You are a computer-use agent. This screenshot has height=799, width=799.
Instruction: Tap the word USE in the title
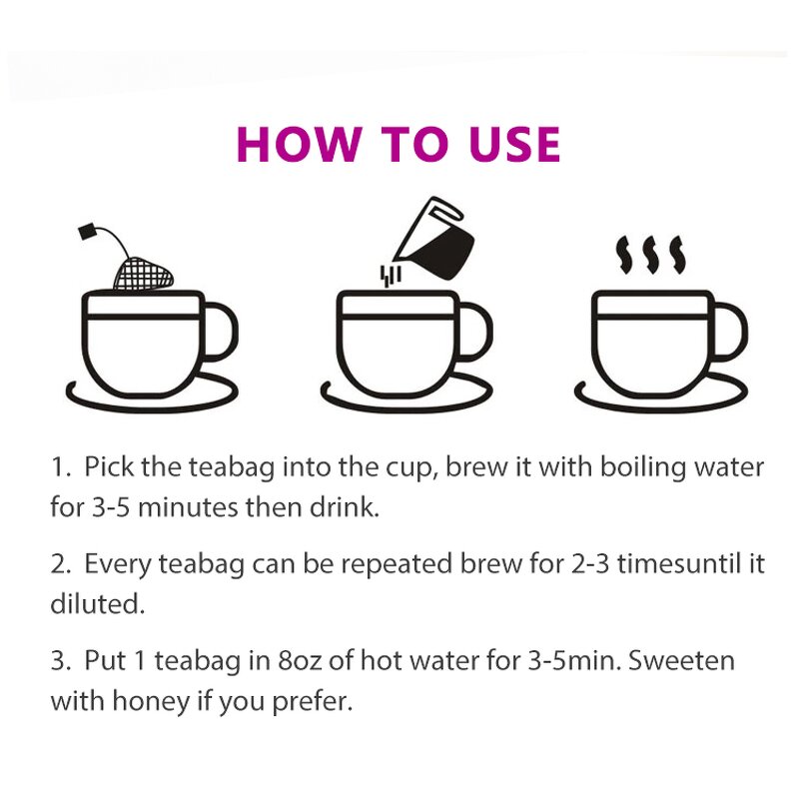point(505,144)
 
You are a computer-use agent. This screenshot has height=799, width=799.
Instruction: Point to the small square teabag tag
point(87,233)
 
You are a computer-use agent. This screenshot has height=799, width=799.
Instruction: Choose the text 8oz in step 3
point(306,661)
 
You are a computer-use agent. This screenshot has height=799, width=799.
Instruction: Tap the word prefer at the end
point(318,701)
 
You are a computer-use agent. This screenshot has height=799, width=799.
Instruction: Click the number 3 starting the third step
point(57,661)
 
